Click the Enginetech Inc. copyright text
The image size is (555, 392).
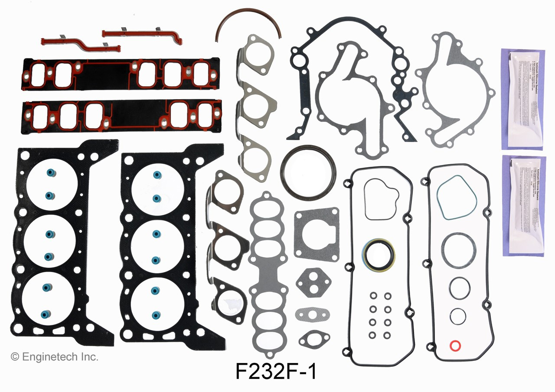(x=55, y=357)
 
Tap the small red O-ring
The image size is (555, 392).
(x=455, y=346)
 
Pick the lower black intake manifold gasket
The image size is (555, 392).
(x=121, y=116)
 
